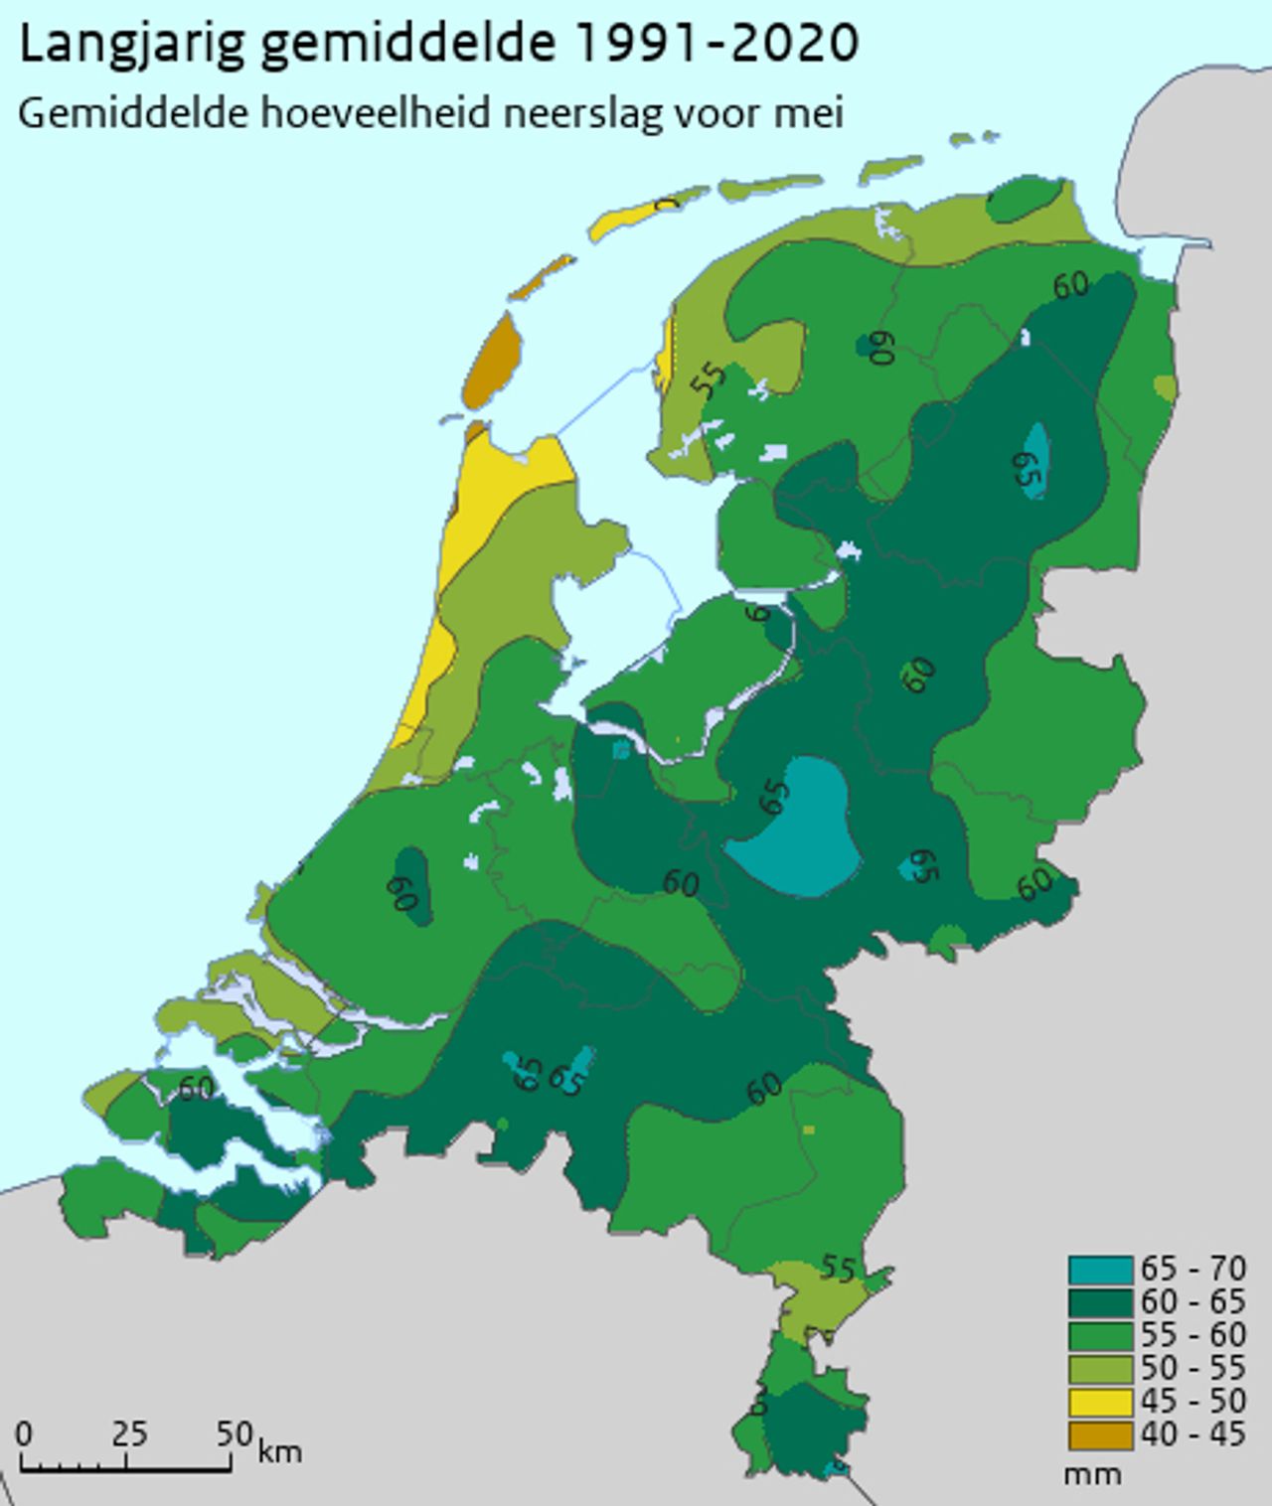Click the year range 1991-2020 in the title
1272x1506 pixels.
(715, 45)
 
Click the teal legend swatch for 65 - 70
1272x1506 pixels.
(1100, 1270)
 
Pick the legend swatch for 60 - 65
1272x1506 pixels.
(1100, 1302)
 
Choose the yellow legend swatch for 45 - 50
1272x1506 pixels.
(1100, 1402)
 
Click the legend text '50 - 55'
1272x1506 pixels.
(1192, 1368)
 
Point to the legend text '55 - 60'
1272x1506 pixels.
(1192, 1334)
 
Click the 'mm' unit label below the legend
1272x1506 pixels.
(1091, 1474)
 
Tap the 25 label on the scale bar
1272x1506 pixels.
(129, 1433)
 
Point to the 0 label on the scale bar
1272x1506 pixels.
(24, 1433)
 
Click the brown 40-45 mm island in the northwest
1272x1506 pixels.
(493, 361)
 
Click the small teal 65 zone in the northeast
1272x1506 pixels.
(1034, 460)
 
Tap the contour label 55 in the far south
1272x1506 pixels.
(838, 1270)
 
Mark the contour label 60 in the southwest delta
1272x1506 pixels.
(195, 1089)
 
